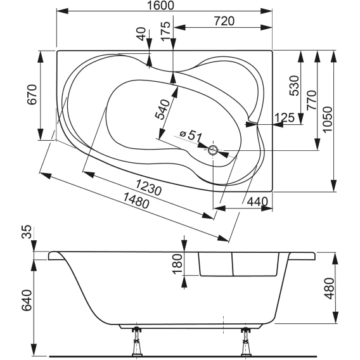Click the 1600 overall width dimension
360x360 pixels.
click(x=160, y=5)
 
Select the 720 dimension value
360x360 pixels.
click(x=224, y=21)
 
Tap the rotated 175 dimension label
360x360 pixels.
click(x=166, y=31)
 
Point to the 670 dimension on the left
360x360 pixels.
click(x=32, y=94)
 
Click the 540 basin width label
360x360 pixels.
click(x=162, y=110)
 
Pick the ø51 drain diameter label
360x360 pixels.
click(x=191, y=136)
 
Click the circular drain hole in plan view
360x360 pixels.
click(x=213, y=150)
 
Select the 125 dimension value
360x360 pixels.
click(x=284, y=117)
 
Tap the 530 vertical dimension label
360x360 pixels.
click(x=295, y=86)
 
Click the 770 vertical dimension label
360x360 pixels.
click(x=312, y=100)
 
